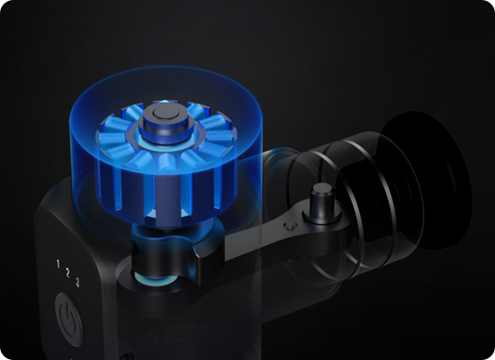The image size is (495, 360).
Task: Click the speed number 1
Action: click(58, 264)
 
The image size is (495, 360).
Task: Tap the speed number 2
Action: click(67, 273)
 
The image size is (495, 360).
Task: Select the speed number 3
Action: click(77, 282)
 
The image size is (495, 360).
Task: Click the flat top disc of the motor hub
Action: click(165, 112)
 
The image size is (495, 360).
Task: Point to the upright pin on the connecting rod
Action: click(321, 200)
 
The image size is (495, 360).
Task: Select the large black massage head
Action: click(427, 180)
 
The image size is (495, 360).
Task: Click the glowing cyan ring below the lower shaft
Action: click(154, 279)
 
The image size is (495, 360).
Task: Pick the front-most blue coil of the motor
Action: click(166, 161)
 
